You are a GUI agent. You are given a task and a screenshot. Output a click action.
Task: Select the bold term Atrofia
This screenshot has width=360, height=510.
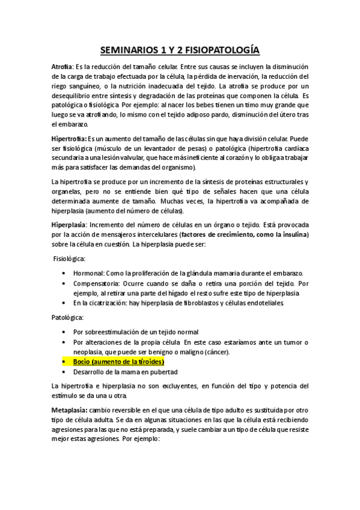[x=63, y=66]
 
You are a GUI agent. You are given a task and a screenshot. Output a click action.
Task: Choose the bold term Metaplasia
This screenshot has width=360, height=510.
[x=69, y=409]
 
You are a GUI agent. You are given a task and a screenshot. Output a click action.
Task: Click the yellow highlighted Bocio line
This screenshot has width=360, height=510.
[x=118, y=361]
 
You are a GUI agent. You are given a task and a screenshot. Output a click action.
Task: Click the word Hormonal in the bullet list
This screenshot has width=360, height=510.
[x=90, y=273]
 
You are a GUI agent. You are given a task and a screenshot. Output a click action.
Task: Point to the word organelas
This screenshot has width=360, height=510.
[x=69, y=191]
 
